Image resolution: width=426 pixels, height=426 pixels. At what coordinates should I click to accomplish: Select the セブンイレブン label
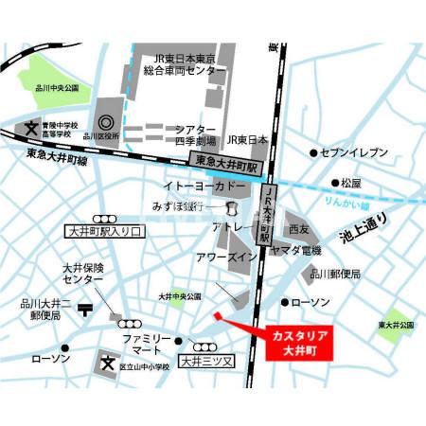353,152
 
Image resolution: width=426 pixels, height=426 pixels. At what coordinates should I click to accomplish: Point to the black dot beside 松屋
334,183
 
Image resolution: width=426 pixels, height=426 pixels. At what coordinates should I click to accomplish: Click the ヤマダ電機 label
296,250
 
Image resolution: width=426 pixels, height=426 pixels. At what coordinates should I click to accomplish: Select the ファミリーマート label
146,345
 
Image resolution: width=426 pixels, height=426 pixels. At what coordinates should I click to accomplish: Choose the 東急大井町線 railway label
56,157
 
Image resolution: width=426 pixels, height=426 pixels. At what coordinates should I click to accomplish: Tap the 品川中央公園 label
60,88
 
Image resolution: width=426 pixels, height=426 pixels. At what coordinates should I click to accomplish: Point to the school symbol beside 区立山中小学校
107,363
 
